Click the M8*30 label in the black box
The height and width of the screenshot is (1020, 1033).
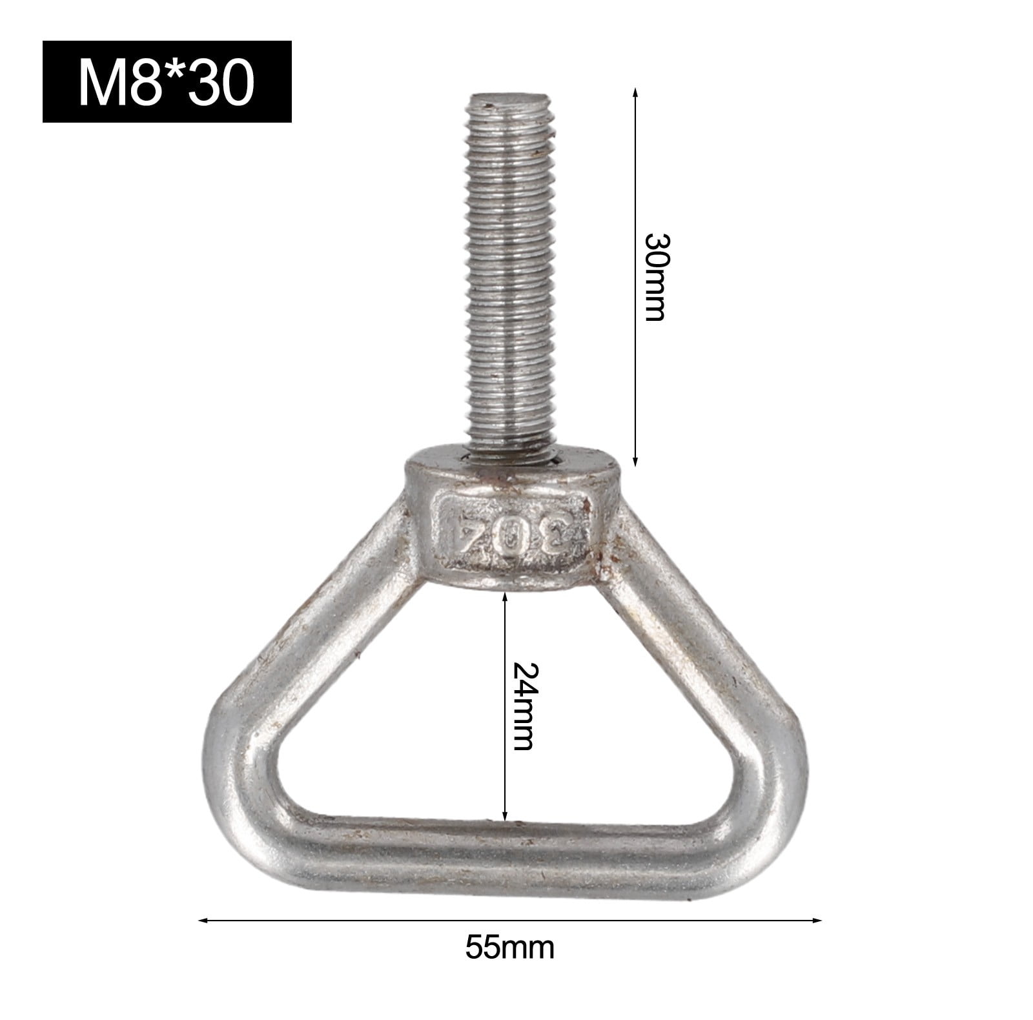coord(167,82)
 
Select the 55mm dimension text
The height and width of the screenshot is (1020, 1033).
coord(510,948)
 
